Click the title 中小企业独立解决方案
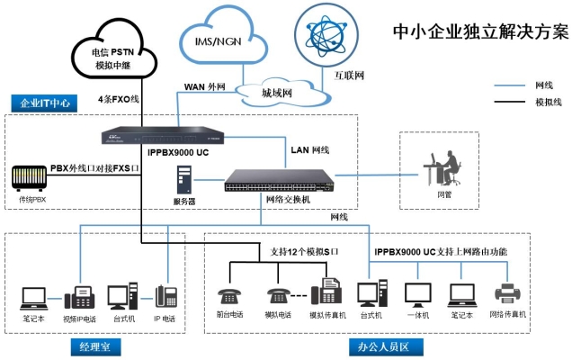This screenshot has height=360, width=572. [x=481, y=31]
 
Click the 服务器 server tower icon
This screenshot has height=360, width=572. [x=183, y=182]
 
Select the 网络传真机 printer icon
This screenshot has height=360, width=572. [x=509, y=293]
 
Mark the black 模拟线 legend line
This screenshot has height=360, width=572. [x=512, y=103]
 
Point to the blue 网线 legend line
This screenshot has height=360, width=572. [x=512, y=85]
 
